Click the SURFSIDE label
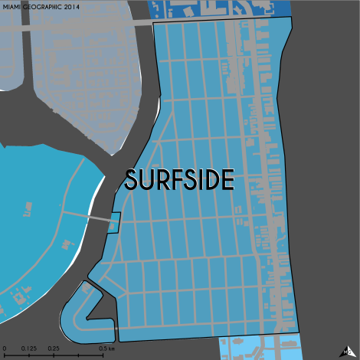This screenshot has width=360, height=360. point(179,180)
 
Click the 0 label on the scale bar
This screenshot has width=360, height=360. point(4,349)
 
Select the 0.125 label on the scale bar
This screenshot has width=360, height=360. point(29,349)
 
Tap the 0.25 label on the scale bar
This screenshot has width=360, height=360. point(54,349)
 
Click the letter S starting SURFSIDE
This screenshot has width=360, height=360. point(132,180)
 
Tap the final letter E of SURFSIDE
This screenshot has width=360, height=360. point(227,180)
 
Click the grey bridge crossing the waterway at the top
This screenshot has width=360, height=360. point(84,25)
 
